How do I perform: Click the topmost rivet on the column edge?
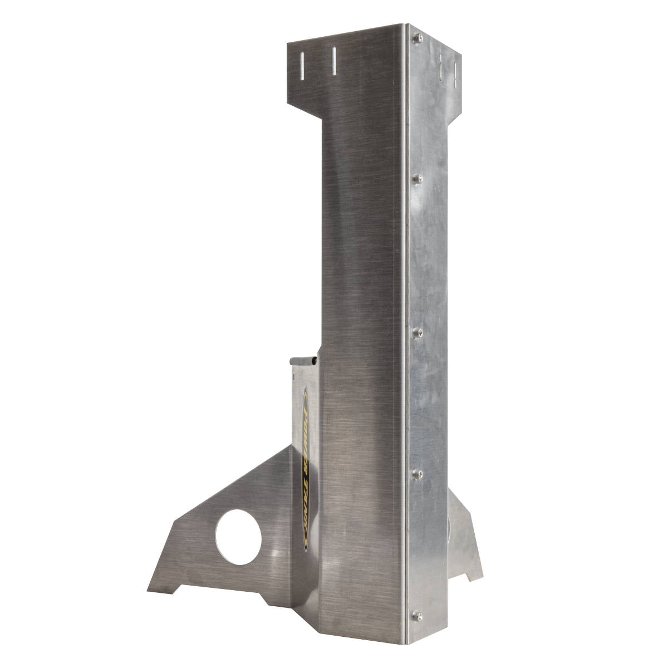418,38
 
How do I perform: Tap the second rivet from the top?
418,179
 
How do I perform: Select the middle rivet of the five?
419,332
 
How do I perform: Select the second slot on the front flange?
334,62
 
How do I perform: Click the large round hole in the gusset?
238,537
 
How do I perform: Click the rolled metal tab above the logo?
304,361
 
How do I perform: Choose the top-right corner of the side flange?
461,55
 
